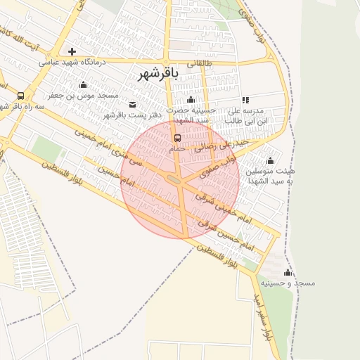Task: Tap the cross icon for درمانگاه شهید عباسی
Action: coord(72,51)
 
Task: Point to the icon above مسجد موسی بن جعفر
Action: coord(84,85)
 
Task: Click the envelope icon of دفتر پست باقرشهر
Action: coord(133,105)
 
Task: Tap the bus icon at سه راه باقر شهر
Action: coord(20,96)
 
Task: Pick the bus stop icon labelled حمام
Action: coord(176,139)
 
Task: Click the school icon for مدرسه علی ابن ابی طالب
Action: coord(245,101)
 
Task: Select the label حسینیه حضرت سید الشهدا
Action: coord(191,115)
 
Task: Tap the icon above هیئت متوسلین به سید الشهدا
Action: coord(271,160)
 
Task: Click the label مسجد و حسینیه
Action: coord(288,283)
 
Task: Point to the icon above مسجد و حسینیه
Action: coord(287,272)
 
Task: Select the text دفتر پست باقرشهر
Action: coord(133,115)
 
